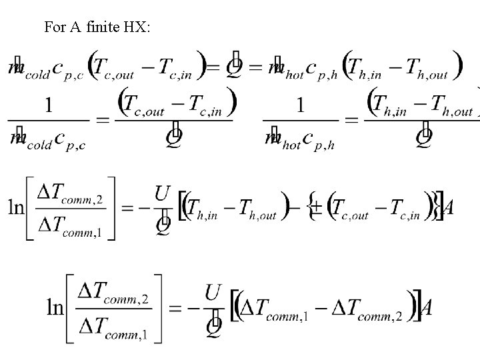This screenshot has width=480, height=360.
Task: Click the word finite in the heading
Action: [x=105, y=27]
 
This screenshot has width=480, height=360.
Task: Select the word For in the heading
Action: [x=55, y=27]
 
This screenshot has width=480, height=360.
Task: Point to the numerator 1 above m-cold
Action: [x=49, y=105]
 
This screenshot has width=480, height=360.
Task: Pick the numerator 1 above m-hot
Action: [x=301, y=105]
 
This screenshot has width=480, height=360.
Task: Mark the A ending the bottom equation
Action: [x=425, y=309]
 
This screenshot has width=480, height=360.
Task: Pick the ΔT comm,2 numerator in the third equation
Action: [x=69, y=194]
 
